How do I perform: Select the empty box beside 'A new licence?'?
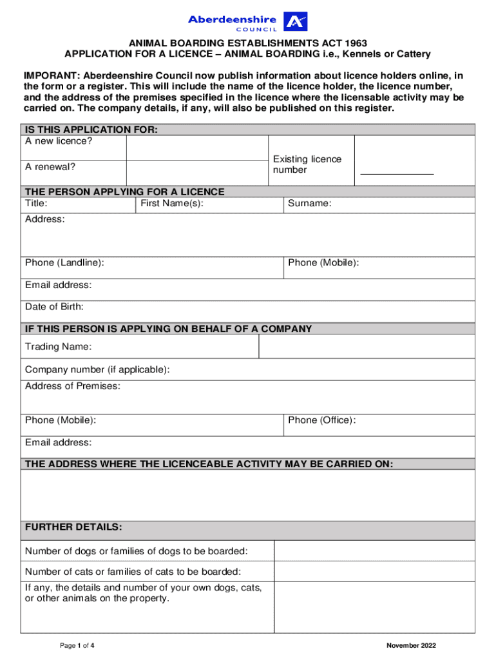pos(196,148)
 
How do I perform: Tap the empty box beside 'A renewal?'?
pos(196,173)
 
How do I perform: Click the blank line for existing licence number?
pos(397,173)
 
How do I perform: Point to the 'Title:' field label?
pos(36,204)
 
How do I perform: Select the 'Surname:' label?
pos(310,204)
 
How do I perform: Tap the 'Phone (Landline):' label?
pos(64,262)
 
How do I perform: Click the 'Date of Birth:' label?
pos(54,307)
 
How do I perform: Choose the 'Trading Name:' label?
pos(58,347)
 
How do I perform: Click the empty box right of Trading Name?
pos(366,347)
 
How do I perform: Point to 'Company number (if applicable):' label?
pos(97,369)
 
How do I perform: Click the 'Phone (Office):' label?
pos(321,420)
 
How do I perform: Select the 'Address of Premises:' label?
pos(72,386)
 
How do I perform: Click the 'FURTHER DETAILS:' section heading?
pos(73,527)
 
